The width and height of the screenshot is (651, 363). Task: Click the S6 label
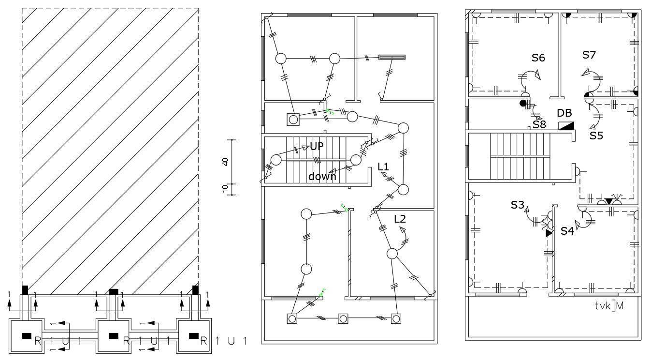coord(538,58)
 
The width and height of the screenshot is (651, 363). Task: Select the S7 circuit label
coord(589,55)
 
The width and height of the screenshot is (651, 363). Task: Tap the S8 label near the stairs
coord(539,124)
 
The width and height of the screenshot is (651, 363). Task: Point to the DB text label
coord(564,113)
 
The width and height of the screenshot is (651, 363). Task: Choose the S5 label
coord(596,136)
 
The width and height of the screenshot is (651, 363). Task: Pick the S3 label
coord(517,205)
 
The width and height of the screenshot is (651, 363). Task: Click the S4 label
coord(567,231)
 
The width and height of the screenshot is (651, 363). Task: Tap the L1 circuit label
coord(383,166)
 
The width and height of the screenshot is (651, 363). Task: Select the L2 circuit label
coord(400,219)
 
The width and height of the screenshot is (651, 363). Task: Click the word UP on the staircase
coord(317,146)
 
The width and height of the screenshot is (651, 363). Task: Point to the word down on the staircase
coord(322,177)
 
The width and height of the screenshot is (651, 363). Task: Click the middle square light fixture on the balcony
coord(343,318)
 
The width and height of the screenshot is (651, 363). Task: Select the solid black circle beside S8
coord(522,103)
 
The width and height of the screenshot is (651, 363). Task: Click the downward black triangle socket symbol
coord(609,201)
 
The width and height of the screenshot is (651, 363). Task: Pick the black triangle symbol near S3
coord(549,233)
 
